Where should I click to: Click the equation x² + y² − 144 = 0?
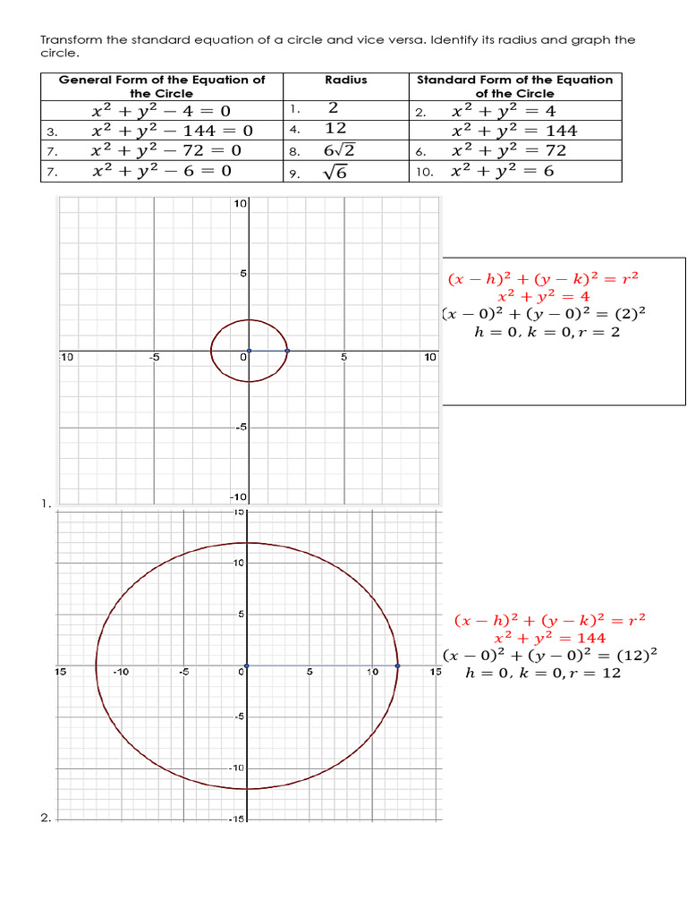(x=172, y=131)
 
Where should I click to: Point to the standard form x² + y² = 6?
(x=503, y=170)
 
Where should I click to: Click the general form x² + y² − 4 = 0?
(x=161, y=111)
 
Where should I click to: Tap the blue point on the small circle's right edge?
(x=287, y=351)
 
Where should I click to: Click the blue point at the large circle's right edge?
(x=397, y=666)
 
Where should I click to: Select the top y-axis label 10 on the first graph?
(x=240, y=204)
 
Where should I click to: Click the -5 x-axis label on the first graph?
(x=154, y=358)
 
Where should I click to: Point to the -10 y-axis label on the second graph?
(x=237, y=768)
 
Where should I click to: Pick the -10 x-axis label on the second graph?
(x=121, y=672)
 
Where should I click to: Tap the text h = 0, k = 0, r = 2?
(x=546, y=332)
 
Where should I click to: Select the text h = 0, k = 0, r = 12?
(x=543, y=673)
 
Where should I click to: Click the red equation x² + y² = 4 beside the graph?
(x=543, y=296)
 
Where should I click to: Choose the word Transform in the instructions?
(x=71, y=39)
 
